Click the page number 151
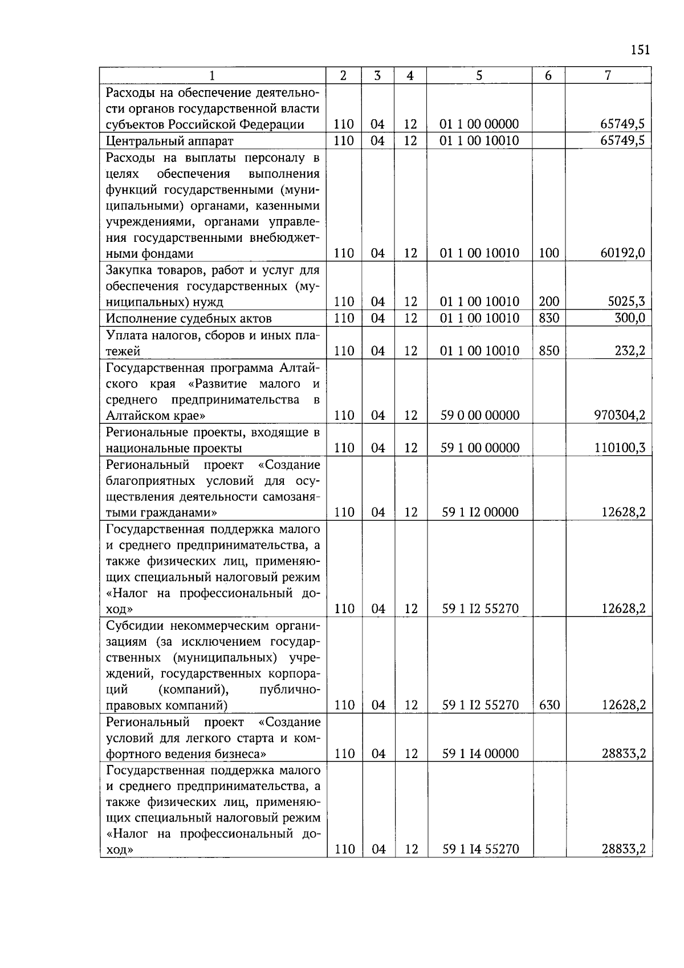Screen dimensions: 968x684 640,50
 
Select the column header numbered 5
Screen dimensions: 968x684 479,75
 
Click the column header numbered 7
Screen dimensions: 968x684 608,75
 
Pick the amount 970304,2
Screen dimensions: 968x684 620,415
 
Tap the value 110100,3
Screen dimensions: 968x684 620,448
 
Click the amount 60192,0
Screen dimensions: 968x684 622,253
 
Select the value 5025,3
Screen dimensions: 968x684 626,302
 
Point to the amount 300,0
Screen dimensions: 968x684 629,318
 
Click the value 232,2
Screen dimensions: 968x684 629,351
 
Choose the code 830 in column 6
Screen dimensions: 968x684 549,318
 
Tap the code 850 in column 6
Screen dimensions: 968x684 549,351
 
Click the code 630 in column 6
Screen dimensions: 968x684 549,705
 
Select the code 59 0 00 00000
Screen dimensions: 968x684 480,415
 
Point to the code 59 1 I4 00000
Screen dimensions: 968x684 481,754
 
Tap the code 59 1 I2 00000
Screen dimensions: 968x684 481,512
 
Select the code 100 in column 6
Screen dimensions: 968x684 549,253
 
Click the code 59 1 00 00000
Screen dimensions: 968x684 480,448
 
